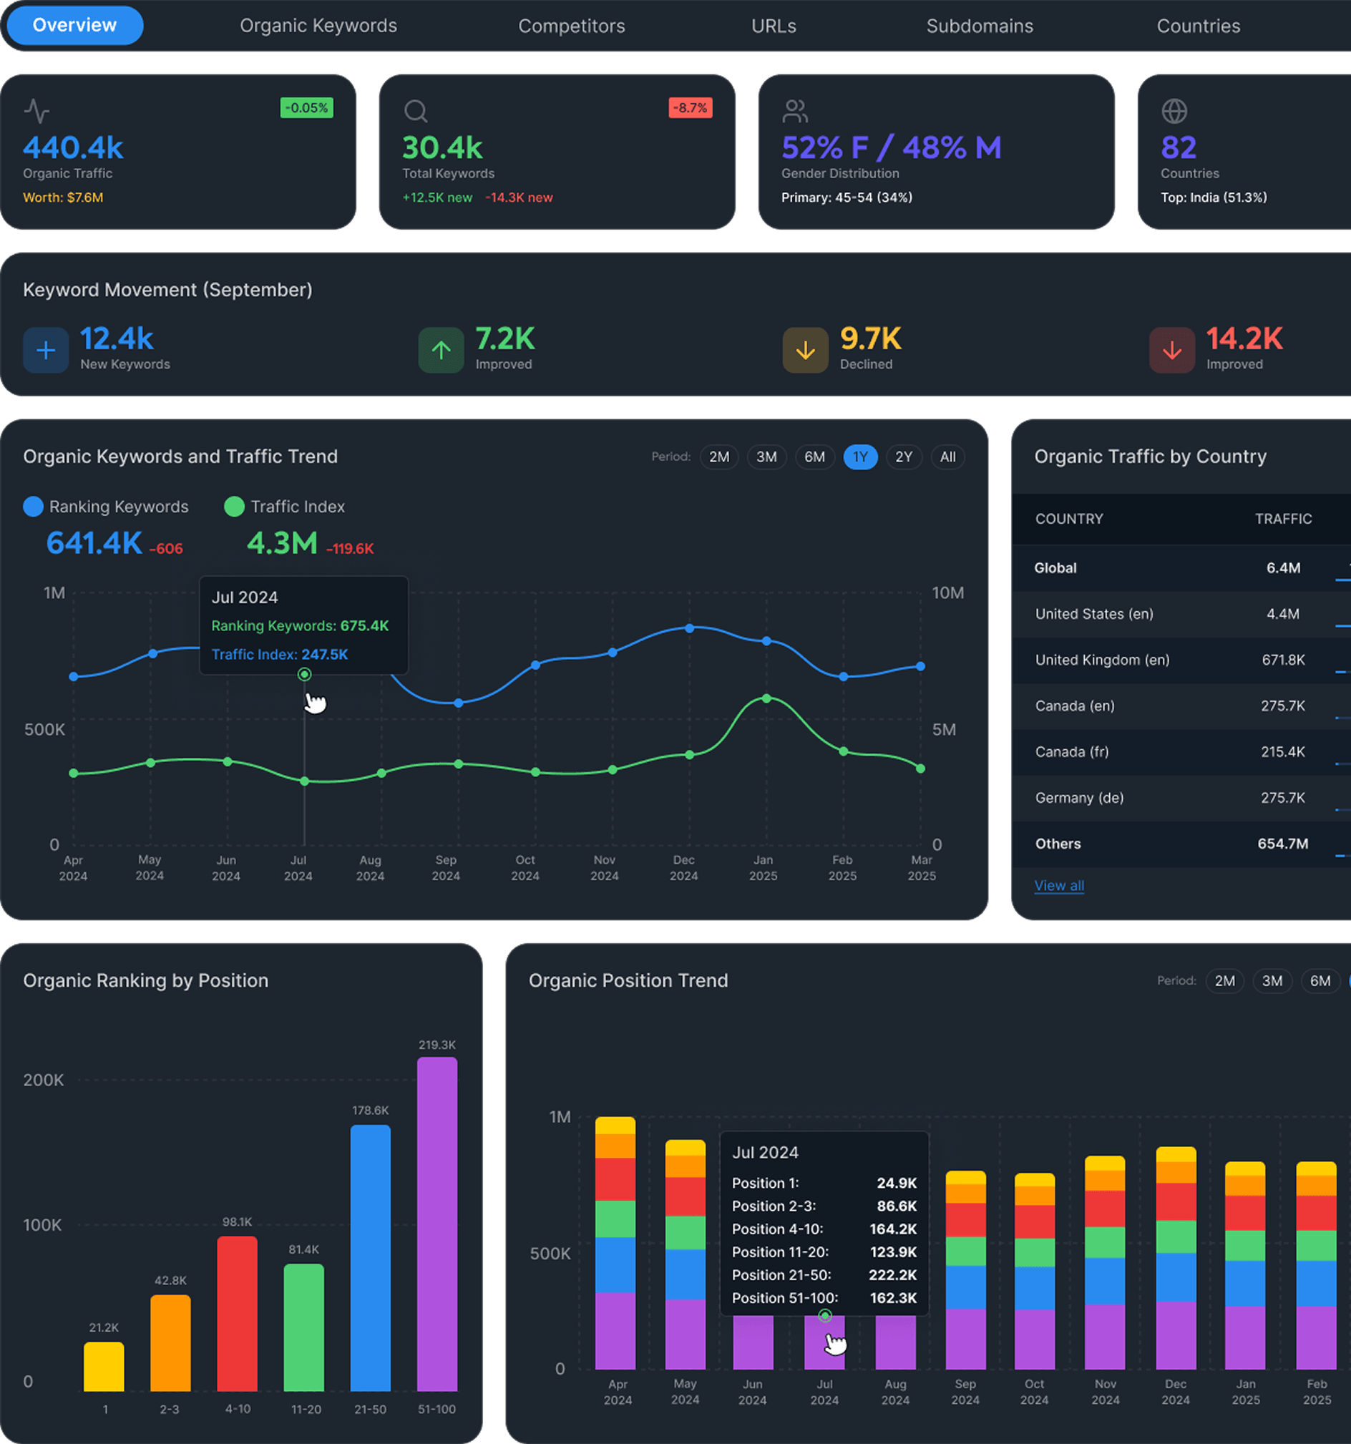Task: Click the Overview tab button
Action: point(74,26)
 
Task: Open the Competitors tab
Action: point(571,26)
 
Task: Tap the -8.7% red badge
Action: point(689,108)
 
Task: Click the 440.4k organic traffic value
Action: point(74,147)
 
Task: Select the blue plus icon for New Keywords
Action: point(46,350)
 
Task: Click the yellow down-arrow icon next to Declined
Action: point(805,350)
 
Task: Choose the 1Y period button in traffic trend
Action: point(860,457)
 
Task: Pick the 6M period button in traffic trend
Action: point(814,457)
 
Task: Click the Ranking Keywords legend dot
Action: point(34,507)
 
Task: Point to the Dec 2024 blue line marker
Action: point(689,628)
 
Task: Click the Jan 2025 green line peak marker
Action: point(766,698)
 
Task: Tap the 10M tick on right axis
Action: point(947,592)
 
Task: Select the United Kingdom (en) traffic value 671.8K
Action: point(1283,660)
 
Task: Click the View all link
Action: point(1059,885)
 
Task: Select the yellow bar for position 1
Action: point(104,1366)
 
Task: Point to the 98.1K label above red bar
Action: point(237,1221)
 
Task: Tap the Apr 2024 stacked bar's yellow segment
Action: point(615,1125)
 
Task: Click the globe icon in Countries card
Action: point(1174,111)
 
